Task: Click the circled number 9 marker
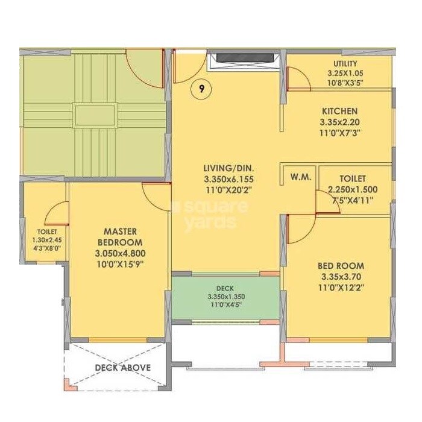(202, 90)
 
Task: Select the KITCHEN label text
(339, 112)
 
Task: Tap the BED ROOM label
(341, 266)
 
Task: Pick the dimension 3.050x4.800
(119, 253)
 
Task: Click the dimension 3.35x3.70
(341, 277)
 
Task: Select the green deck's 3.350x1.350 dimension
(225, 297)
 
